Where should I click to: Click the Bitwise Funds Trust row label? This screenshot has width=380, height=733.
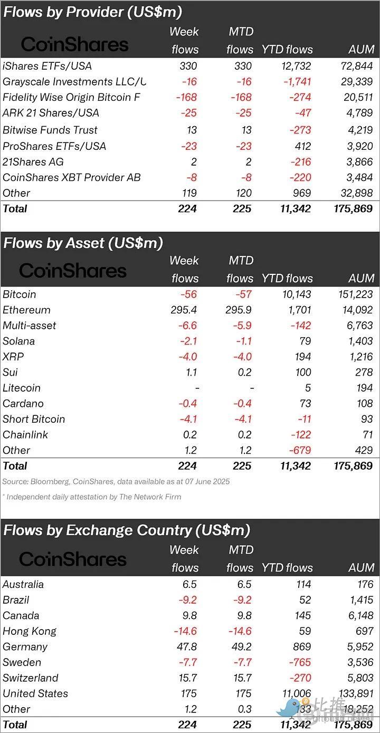click(50, 130)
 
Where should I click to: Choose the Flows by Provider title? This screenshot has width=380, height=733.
click(92, 12)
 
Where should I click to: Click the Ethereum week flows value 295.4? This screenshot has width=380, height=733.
click(184, 310)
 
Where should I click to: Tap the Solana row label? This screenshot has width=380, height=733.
click(18, 341)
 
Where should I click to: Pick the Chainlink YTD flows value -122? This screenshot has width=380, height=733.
click(300, 435)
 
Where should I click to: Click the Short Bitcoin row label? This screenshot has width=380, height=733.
click(34, 419)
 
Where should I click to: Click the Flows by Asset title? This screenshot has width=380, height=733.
click(83, 243)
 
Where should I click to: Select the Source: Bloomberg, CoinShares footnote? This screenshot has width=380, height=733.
click(116, 481)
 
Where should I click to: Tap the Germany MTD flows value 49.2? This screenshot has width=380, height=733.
click(241, 646)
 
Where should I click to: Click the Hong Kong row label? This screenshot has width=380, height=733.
click(30, 631)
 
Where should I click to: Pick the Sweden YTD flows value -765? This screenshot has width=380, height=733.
click(300, 662)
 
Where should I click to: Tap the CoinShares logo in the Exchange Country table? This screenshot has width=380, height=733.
click(73, 559)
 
